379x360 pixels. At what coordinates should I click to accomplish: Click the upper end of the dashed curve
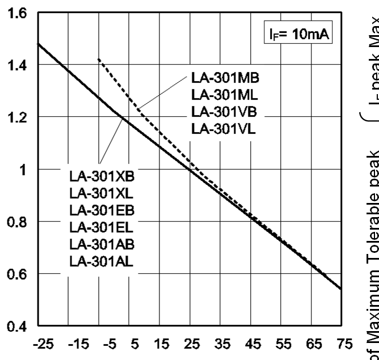(x=99, y=58)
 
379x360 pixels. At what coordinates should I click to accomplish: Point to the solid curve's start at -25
(x=38, y=44)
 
